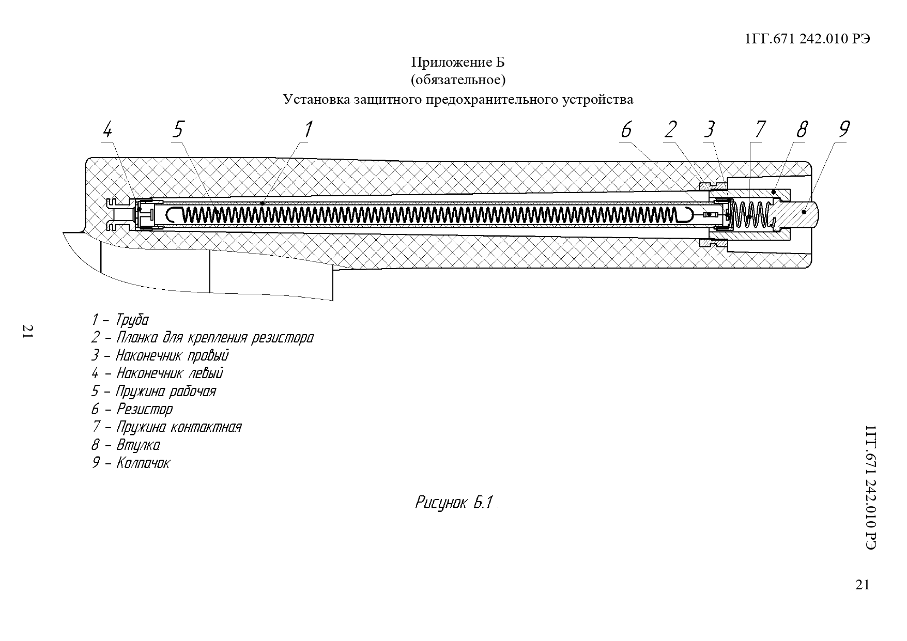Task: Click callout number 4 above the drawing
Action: (106, 129)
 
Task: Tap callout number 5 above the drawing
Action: (178, 129)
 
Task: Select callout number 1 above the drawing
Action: (308, 129)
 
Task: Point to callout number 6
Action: (626, 129)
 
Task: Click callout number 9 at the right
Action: (843, 129)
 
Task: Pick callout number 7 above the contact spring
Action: (759, 129)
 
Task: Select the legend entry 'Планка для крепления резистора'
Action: (202, 338)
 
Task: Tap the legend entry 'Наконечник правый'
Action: (160, 355)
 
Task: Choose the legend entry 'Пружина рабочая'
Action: (153, 391)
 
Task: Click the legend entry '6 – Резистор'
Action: (132, 409)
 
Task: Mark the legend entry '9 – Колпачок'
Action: (130, 462)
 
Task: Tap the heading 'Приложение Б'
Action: (458, 62)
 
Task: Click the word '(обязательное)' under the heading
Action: (458, 80)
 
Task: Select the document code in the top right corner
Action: (807, 39)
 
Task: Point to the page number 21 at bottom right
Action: (863, 584)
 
